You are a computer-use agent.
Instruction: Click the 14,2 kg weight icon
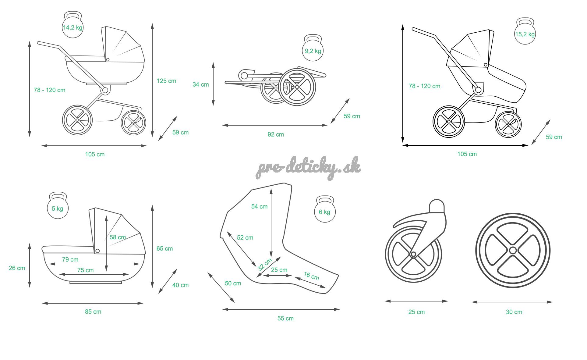pyautogui.click(x=72, y=26)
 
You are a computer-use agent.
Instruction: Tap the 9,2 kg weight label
pyautogui.click(x=313, y=51)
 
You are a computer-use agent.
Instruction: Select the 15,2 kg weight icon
pyautogui.click(x=525, y=32)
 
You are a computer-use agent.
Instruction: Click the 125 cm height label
pyautogui.click(x=166, y=81)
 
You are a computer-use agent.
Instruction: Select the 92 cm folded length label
pyautogui.click(x=276, y=134)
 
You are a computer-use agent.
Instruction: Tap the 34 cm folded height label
pyautogui.click(x=200, y=84)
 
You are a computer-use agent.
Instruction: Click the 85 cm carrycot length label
pyautogui.click(x=93, y=312)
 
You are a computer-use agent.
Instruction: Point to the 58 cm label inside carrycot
pyautogui.click(x=118, y=237)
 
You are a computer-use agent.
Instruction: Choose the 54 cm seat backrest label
pyautogui.click(x=259, y=206)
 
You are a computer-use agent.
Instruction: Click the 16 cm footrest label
pyautogui.click(x=311, y=276)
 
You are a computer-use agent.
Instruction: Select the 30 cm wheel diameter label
pyautogui.click(x=514, y=312)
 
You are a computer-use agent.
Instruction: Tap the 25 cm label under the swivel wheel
pyautogui.click(x=416, y=312)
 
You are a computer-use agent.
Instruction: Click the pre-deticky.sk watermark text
pyautogui.click(x=308, y=167)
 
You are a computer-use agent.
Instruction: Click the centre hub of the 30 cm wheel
pyautogui.click(x=513, y=251)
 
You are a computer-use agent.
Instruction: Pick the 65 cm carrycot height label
pyautogui.click(x=164, y=248)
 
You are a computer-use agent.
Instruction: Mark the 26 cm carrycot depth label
pyautogui.click(x=17, y=268)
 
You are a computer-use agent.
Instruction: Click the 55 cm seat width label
pyautogui.click(x=285, y=318)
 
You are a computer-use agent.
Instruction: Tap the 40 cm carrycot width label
pyautogui.click(x=180, y=285)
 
